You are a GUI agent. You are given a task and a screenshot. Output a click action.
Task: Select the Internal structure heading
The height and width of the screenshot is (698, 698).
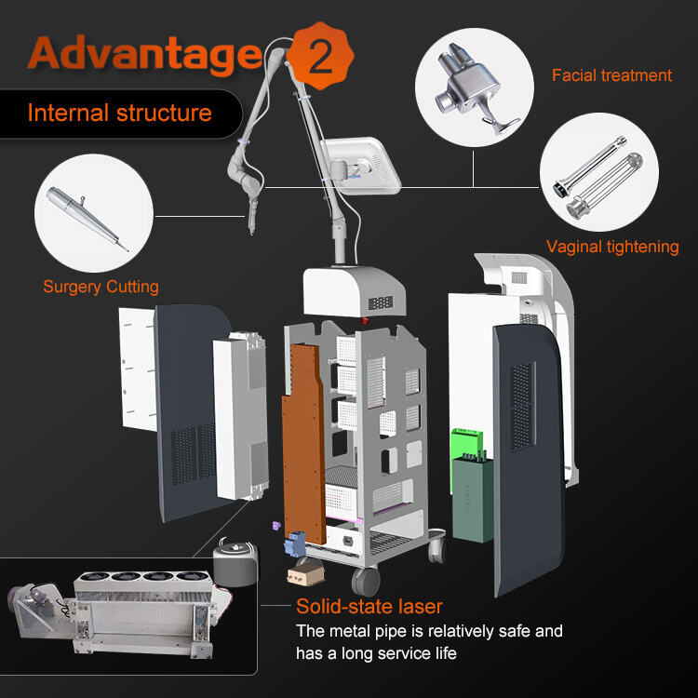pos(119,114)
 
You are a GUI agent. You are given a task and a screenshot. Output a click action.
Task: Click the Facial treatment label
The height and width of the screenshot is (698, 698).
pos(611,75)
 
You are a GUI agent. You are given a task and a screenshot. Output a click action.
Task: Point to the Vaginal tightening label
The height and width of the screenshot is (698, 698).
pos(612,247)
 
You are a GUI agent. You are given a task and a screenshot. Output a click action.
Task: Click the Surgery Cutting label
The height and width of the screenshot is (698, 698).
pos(101,287)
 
